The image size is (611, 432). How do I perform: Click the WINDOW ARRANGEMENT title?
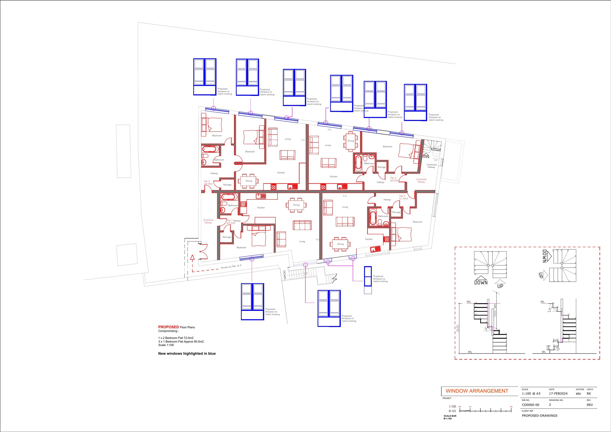(477, 391)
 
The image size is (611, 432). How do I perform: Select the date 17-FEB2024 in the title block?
(558, 394)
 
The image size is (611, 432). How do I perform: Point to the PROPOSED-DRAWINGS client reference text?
(540, 416)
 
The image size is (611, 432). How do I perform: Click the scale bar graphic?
(485, 410)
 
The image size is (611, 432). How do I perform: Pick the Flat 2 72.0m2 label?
(208, 182)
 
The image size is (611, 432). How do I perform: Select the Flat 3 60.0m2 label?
(394, 179)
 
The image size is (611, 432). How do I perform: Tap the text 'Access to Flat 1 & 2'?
(231, 266)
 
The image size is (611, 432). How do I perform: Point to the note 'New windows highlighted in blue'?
(187, 353)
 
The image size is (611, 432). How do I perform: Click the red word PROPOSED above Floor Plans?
(168, 327)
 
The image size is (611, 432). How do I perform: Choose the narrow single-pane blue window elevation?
(368, 280)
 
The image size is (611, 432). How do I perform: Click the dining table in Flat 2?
(248, 181)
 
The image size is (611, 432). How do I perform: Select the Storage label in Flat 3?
(381, 167)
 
